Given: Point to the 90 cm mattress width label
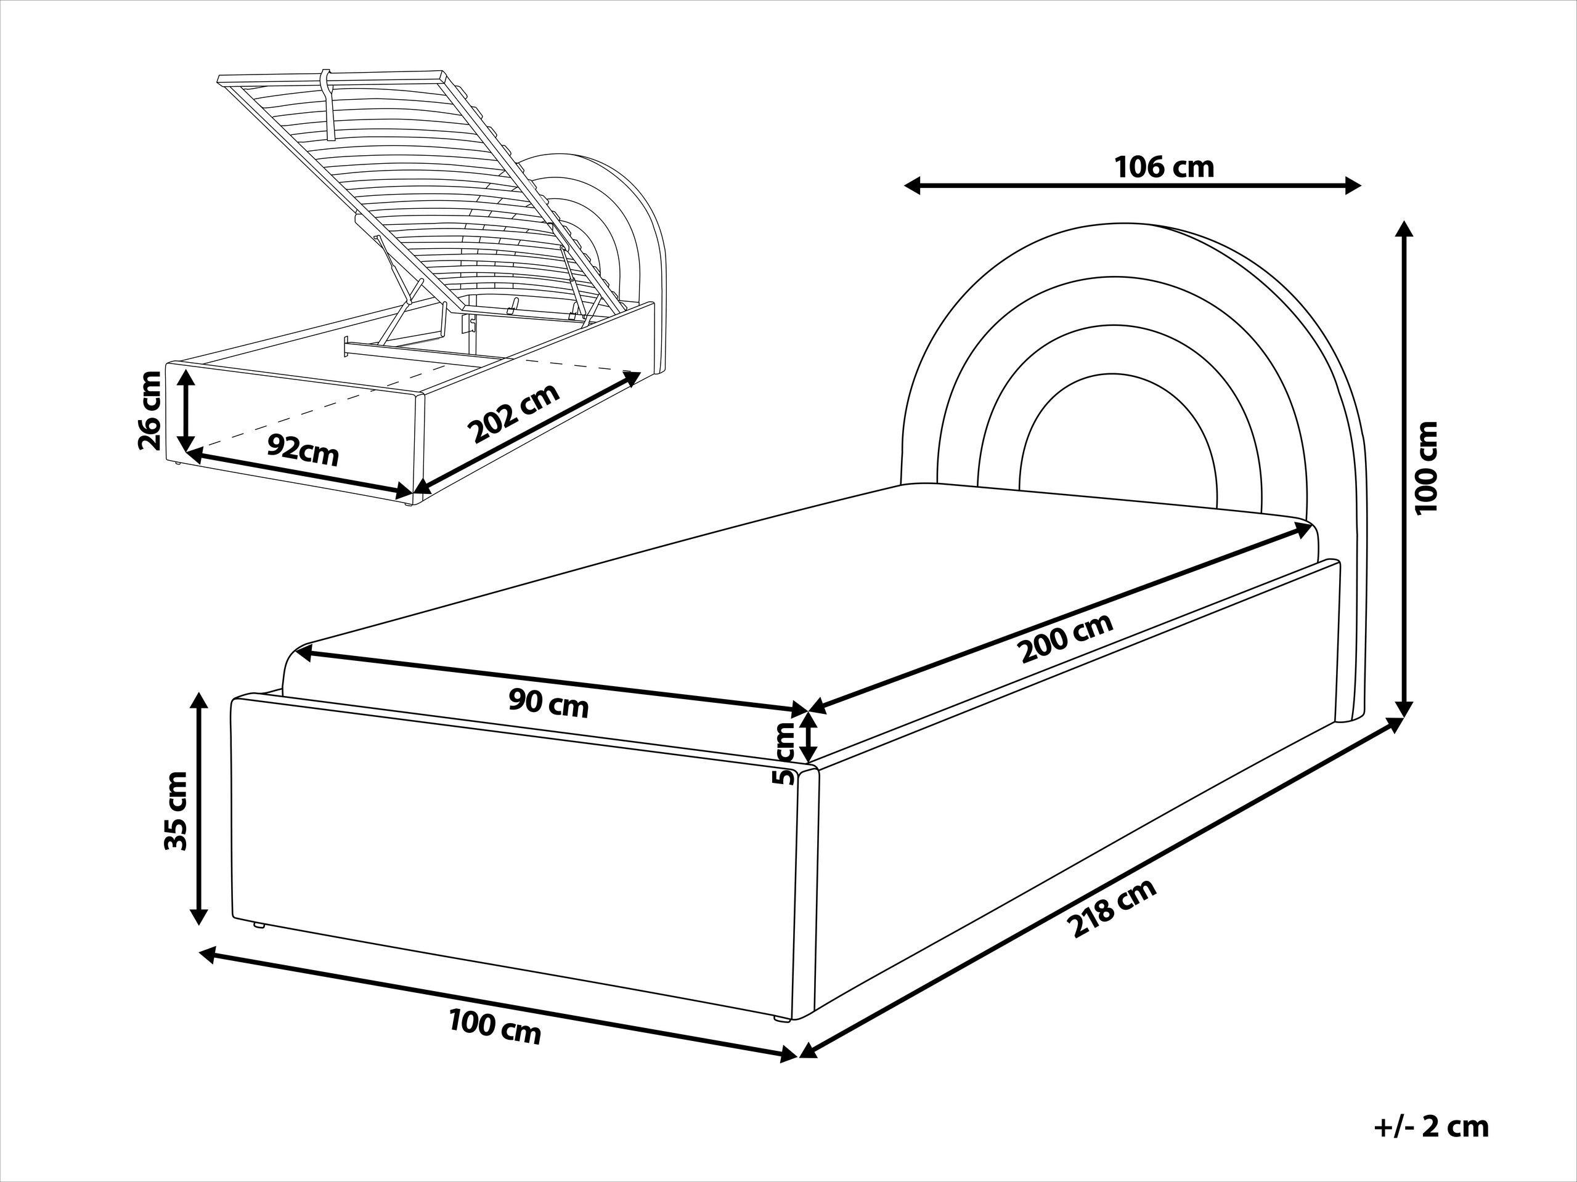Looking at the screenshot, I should pyautogui.click(x=548, y=705).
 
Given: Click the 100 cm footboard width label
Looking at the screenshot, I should pyautogui.click(x=495, y=1029).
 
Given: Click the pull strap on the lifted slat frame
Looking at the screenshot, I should pyautogui.click(x=328, y=103).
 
